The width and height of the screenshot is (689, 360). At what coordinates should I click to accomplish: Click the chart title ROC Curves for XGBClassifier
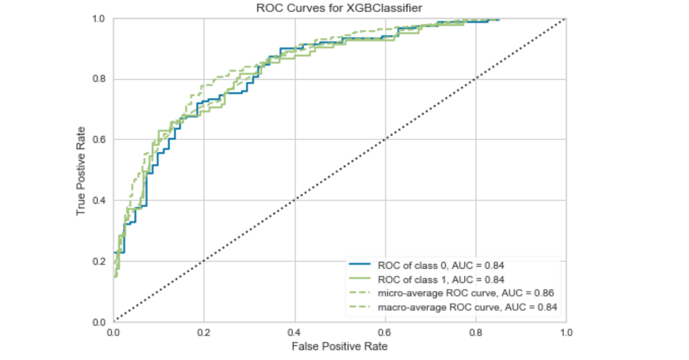click(x=339, y=8)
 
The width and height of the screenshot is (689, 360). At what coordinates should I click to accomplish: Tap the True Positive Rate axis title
click(x=81, y=171)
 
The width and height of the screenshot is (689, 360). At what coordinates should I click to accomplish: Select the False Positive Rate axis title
click(x=339, y=346)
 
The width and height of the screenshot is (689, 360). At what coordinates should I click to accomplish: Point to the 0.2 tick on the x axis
click(x=204, y=332)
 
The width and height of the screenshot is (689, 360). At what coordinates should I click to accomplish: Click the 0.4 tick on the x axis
click(x=294, y=332)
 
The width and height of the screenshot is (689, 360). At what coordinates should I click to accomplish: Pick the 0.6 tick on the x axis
click(x=385, y=332)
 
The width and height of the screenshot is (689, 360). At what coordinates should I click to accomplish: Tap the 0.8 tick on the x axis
click(x=476, y=332)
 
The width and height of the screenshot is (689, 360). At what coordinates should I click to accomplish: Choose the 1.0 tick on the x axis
click(x=566, y=332)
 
